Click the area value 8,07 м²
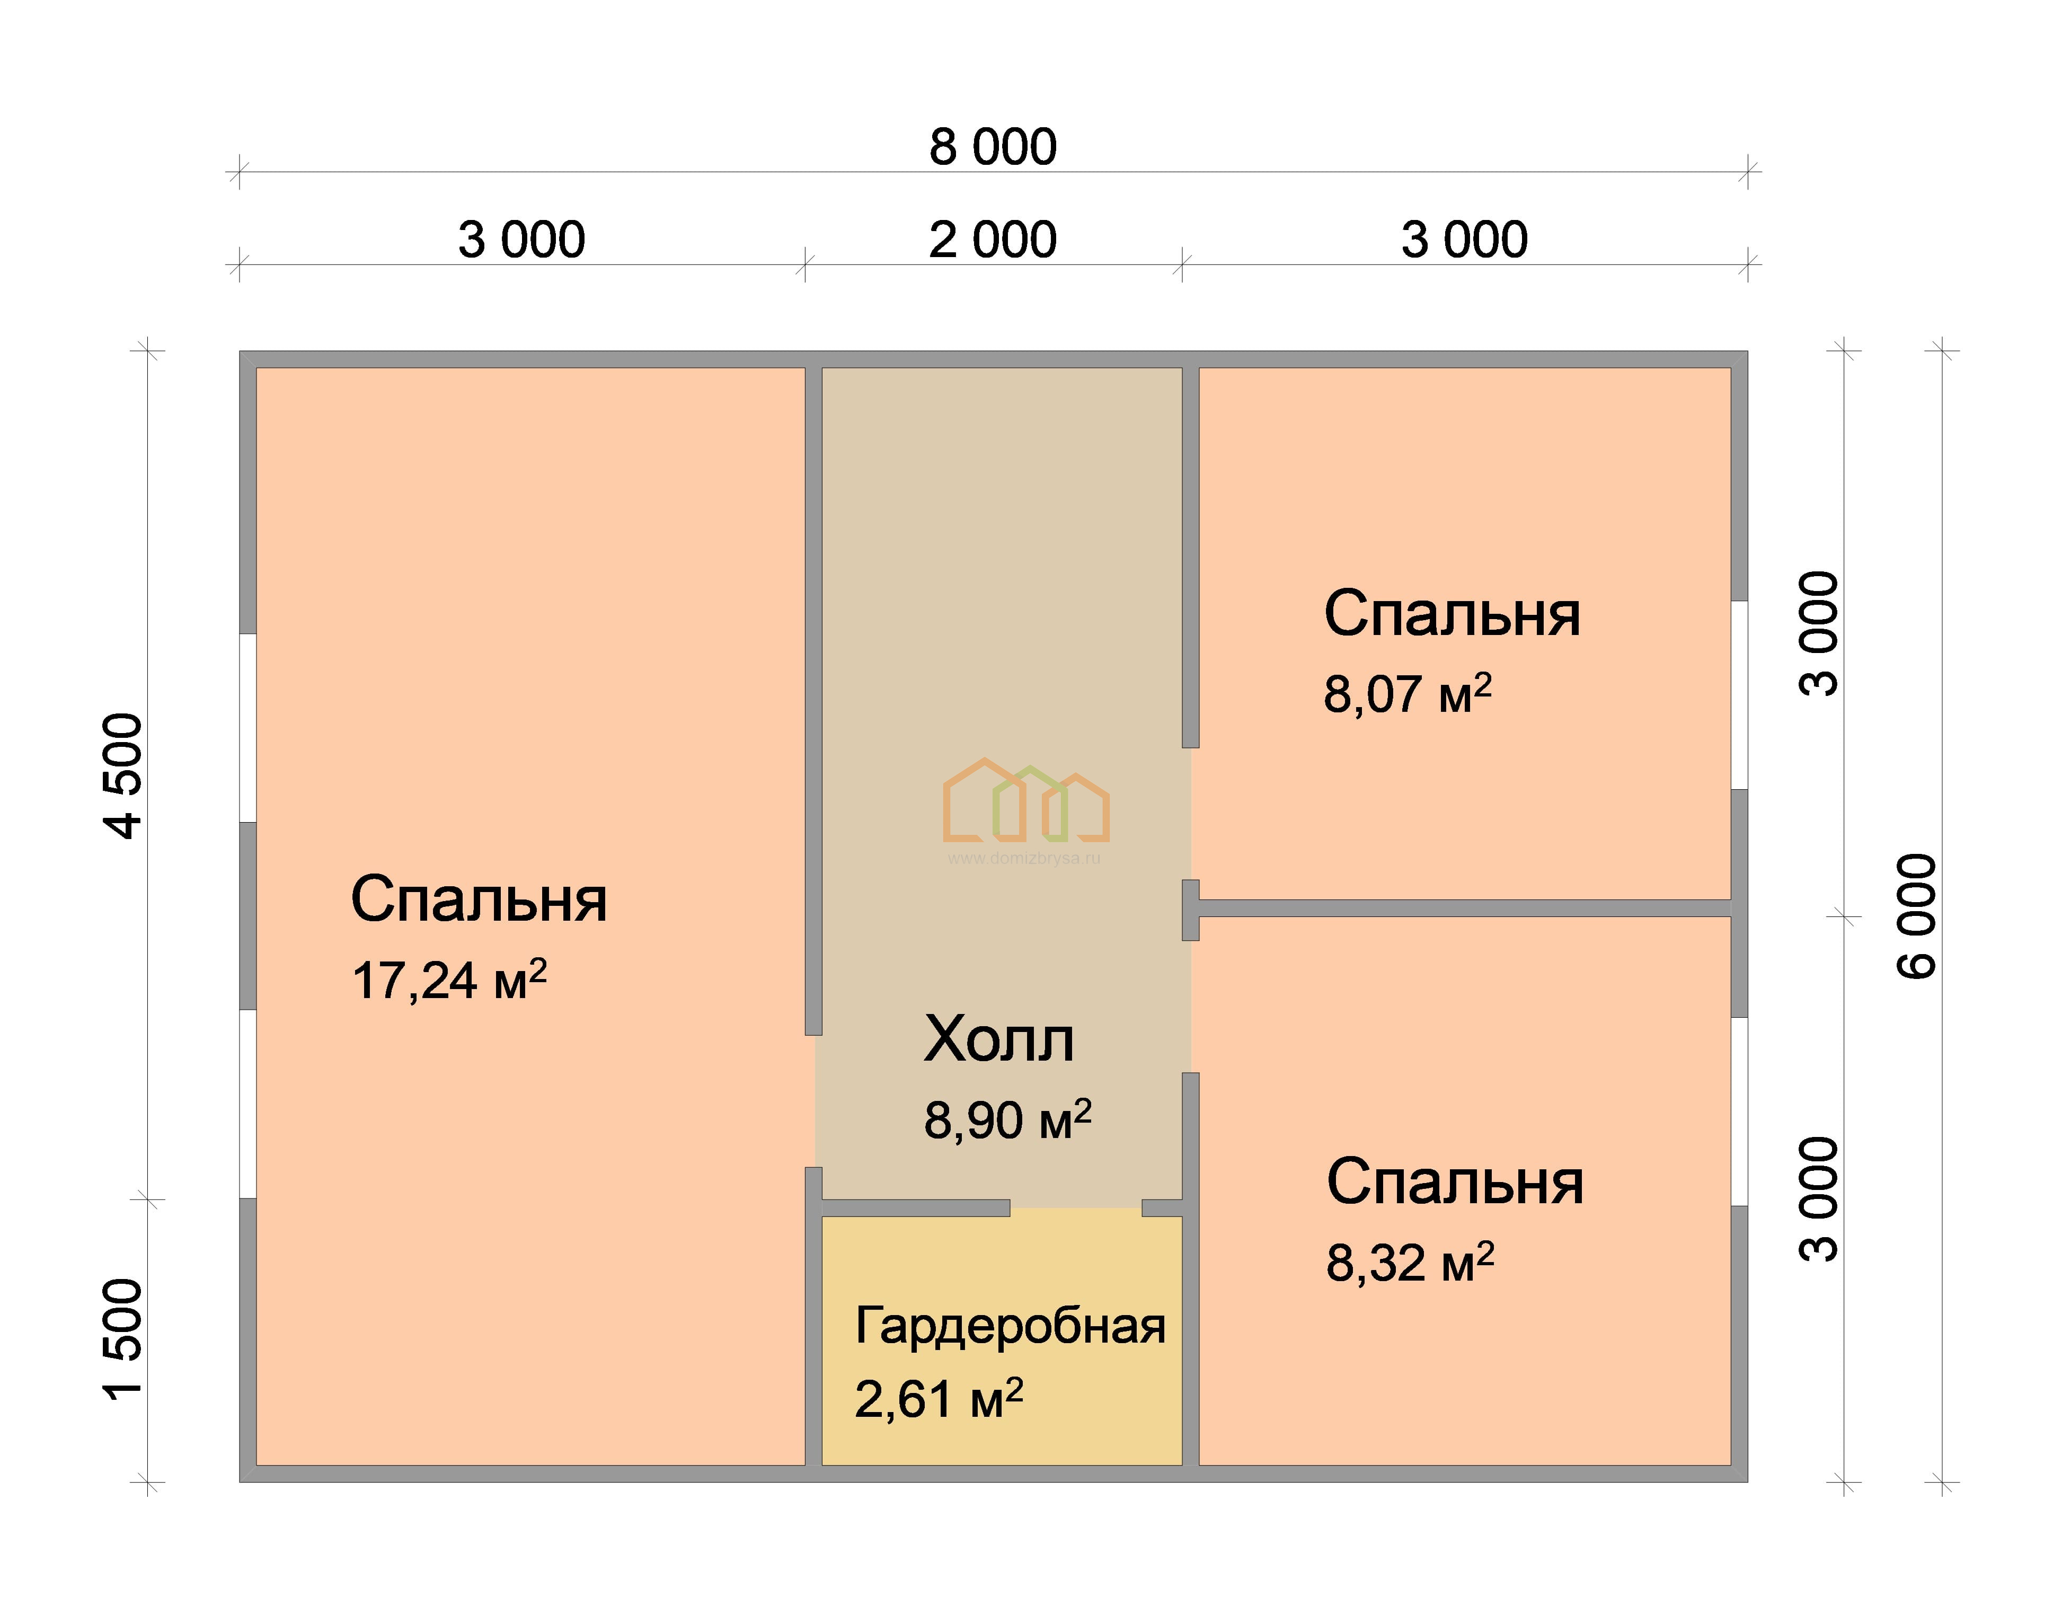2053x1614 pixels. (x=1408, y=694)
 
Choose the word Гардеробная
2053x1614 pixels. (x=1010, y=1327)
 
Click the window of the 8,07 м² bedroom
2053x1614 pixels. (x=1739, y=694)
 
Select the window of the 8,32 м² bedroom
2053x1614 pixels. (x=1739, y=1112)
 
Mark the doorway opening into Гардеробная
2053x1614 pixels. (x=1076, y=1207)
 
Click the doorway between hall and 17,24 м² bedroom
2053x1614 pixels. (x=813, y=1101)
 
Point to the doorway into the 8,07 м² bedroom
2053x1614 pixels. (x=1190, y=814)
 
